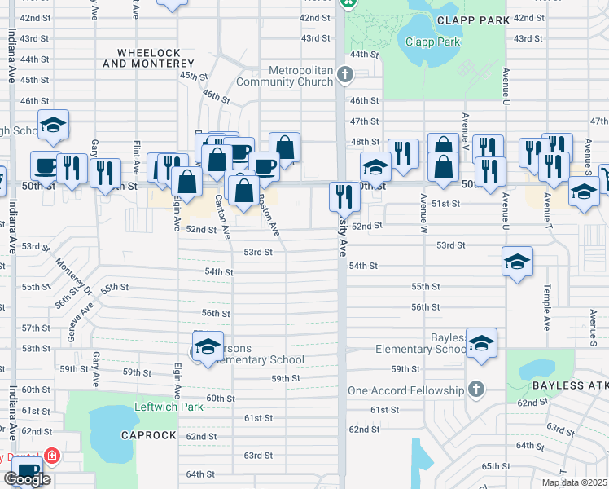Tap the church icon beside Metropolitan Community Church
pos(345,76)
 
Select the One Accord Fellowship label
pos(405,390)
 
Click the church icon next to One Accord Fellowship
pos(475,390)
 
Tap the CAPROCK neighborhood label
pos(148,435)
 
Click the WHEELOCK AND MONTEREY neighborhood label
pos(148,57)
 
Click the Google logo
pos(27,479)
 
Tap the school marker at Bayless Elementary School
pos(481,342)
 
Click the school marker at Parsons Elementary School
pos(208,346)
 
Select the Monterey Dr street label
pos(69,277)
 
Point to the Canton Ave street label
pos(219,211)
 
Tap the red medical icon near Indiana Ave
pos(52,455)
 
